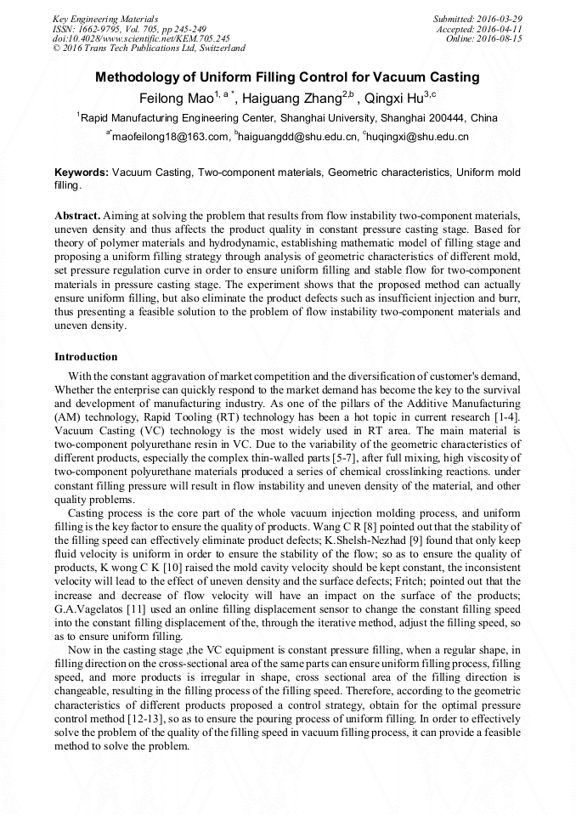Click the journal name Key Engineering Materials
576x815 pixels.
[105, 18]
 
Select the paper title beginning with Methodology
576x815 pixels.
[287, 77]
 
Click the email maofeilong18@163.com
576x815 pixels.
[171, 136]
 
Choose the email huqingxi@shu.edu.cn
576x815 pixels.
[418, 136]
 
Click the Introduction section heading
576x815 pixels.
[86, 356]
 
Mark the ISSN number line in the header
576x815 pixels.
[125, 28]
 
